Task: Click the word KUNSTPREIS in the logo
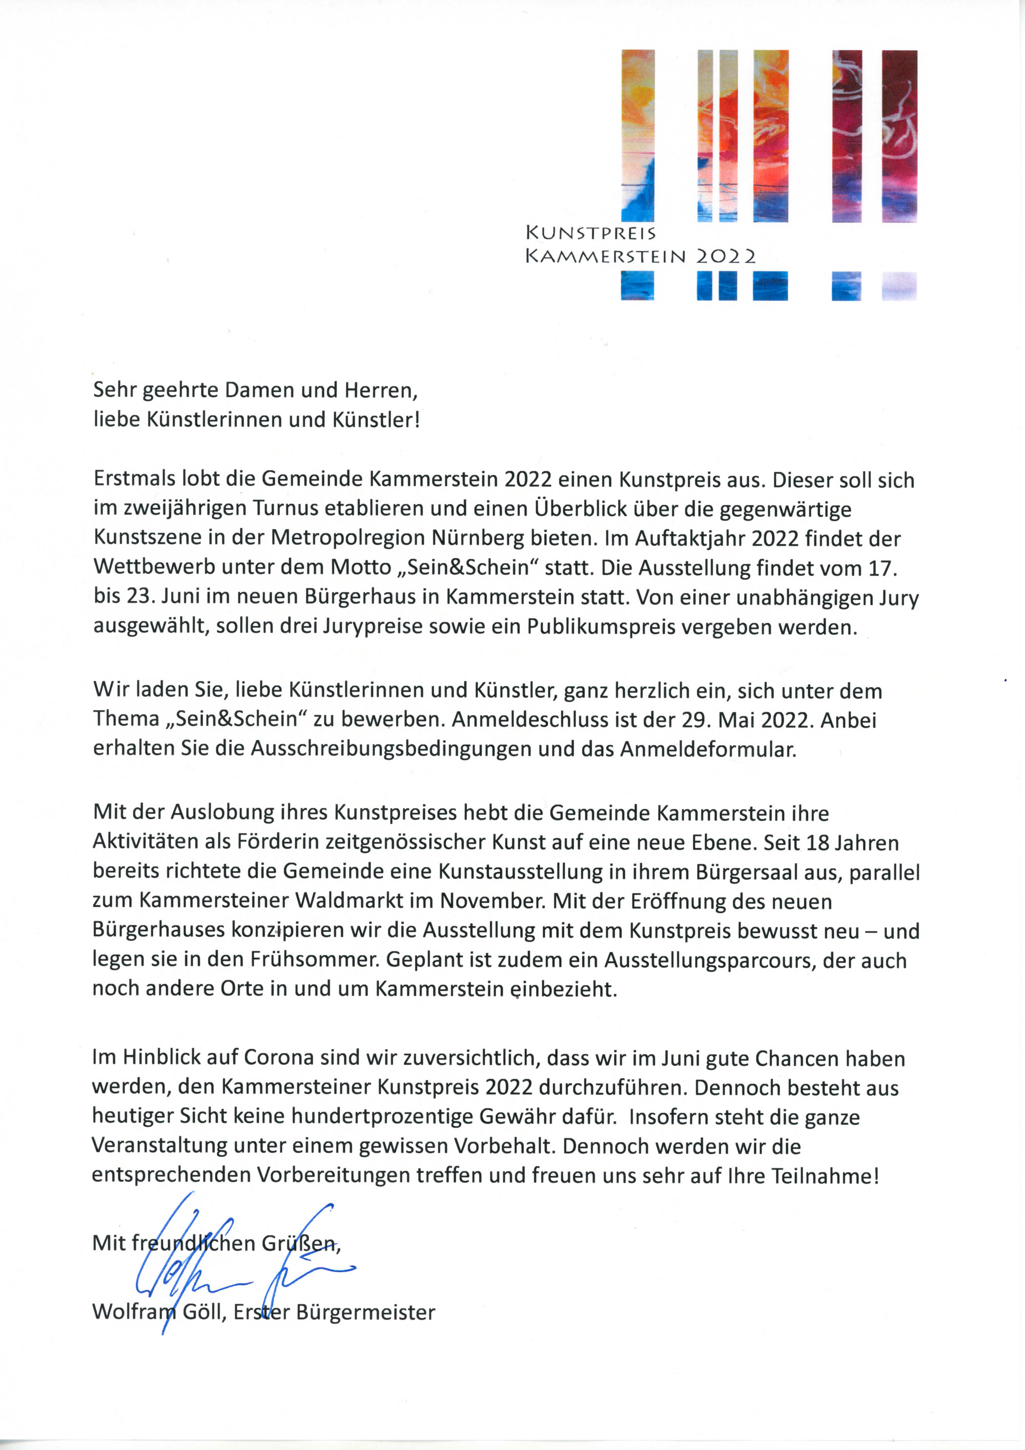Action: click(x=590, y=233)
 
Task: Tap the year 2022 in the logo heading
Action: click(x=725, y=256)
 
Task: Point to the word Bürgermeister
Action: click(x=365, y=1312)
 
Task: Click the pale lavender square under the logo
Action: click(x=899, y=285)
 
